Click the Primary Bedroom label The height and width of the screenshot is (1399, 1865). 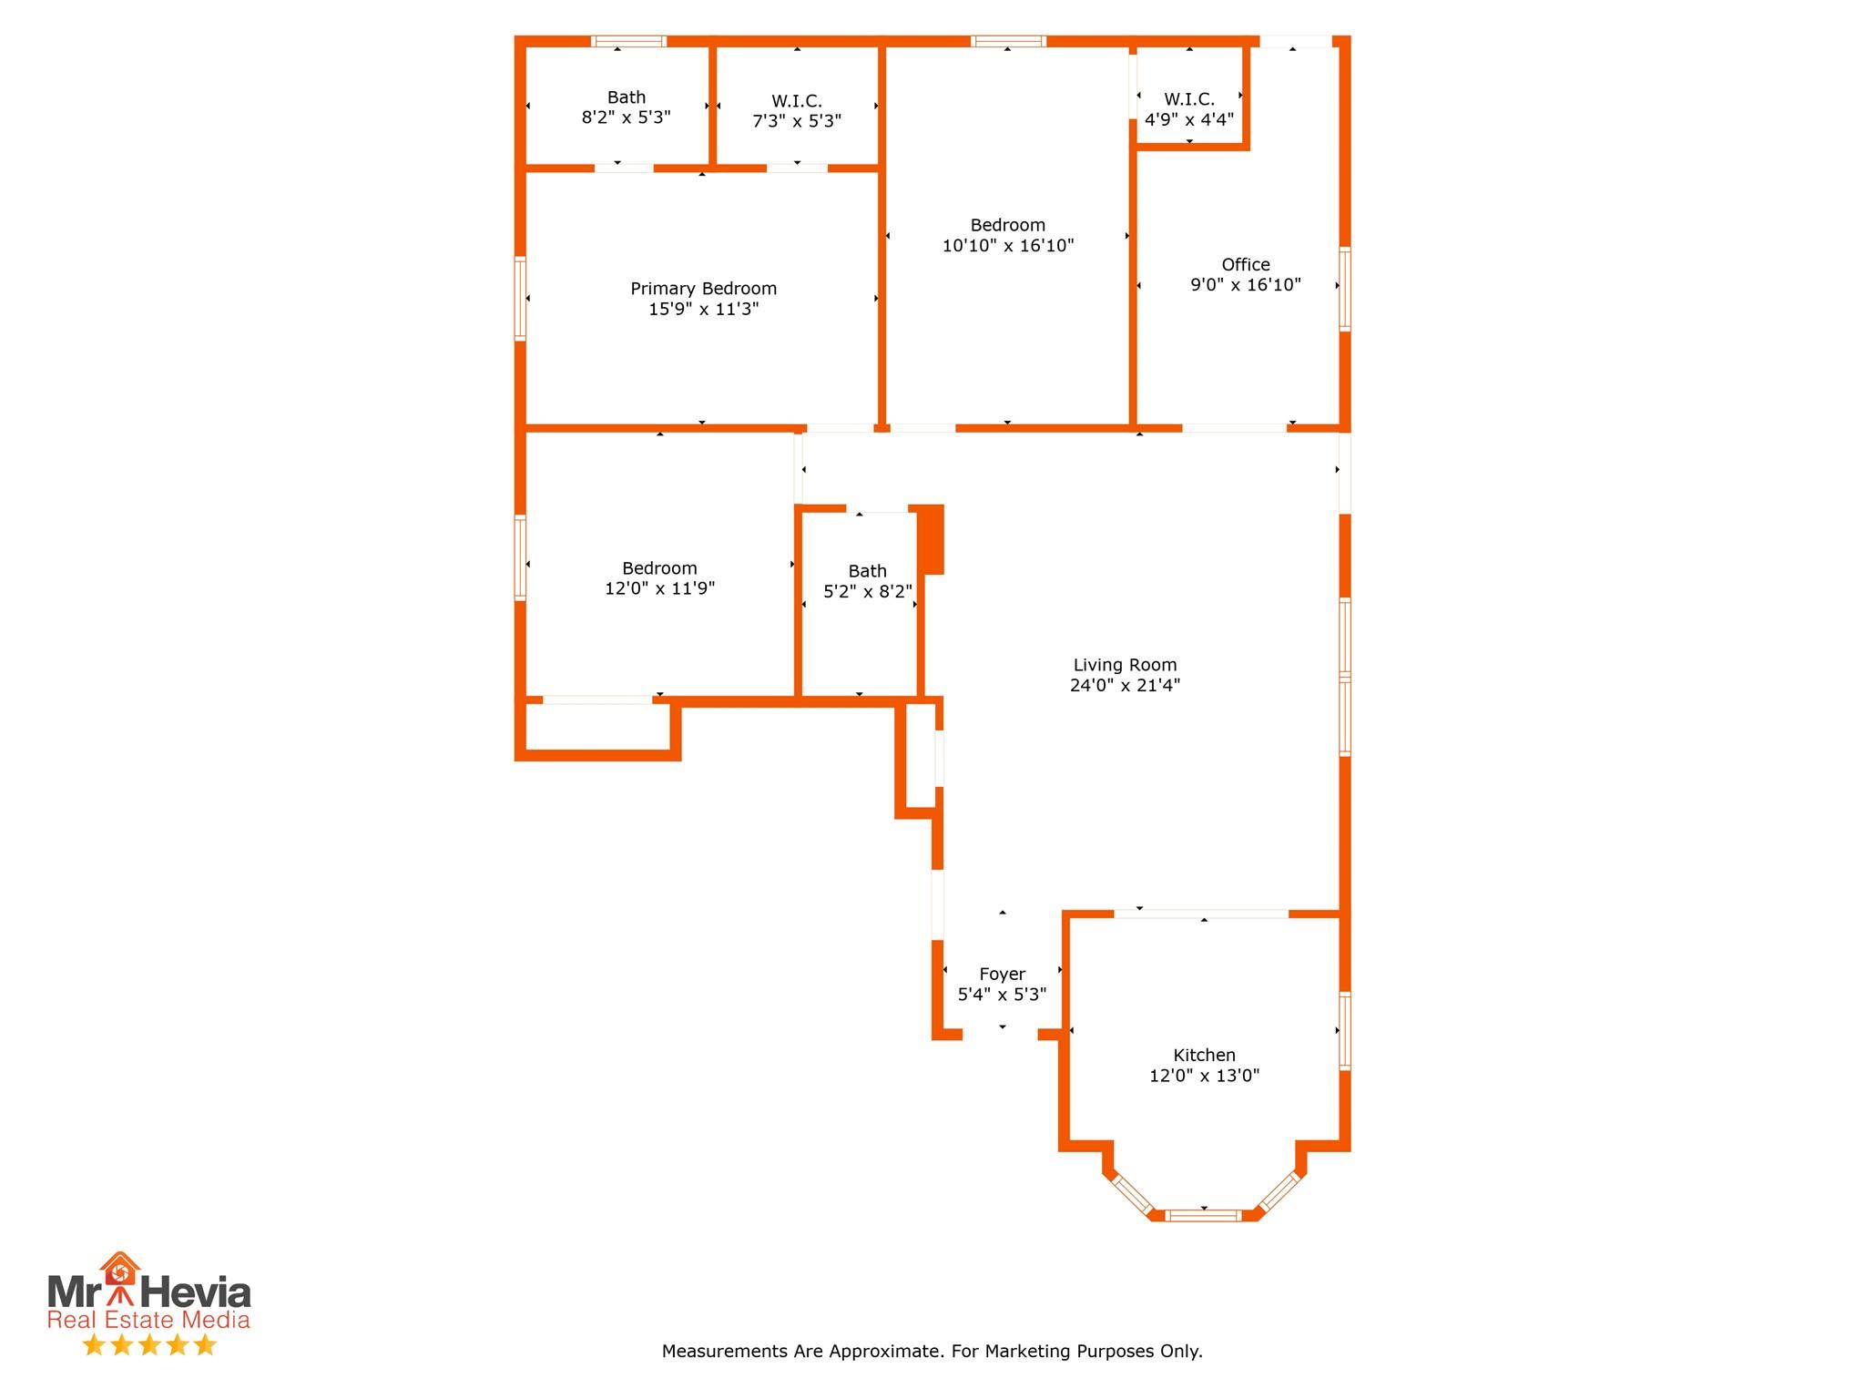pos(703,289)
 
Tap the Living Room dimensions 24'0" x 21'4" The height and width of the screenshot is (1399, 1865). pos(1125,686)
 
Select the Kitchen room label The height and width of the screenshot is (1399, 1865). pos(1204,1056)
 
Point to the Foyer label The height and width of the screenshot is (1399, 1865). pos(1002,975)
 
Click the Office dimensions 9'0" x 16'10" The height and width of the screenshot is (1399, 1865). pos(1245,285)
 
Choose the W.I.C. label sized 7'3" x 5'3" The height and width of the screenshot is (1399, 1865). pos(797,101)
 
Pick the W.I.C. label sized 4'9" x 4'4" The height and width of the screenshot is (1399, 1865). pos(1189,99)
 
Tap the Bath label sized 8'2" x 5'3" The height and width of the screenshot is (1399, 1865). pos(627,97)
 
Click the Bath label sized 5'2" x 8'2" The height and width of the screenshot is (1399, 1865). pos(867,571)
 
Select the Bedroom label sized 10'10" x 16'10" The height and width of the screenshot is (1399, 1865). pos(1007,225)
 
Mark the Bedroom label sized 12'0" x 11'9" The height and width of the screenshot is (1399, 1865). pos(659,568)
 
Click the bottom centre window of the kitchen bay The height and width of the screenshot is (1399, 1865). pos(1203,1214)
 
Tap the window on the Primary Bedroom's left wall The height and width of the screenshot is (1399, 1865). pos(520,298)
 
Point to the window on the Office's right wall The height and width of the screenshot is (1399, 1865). pos(1344,288)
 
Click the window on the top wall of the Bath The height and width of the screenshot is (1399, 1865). pos(628,41)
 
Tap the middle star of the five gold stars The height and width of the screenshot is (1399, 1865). pos(148,1344)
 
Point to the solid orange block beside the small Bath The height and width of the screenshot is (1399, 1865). pos(931,539)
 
